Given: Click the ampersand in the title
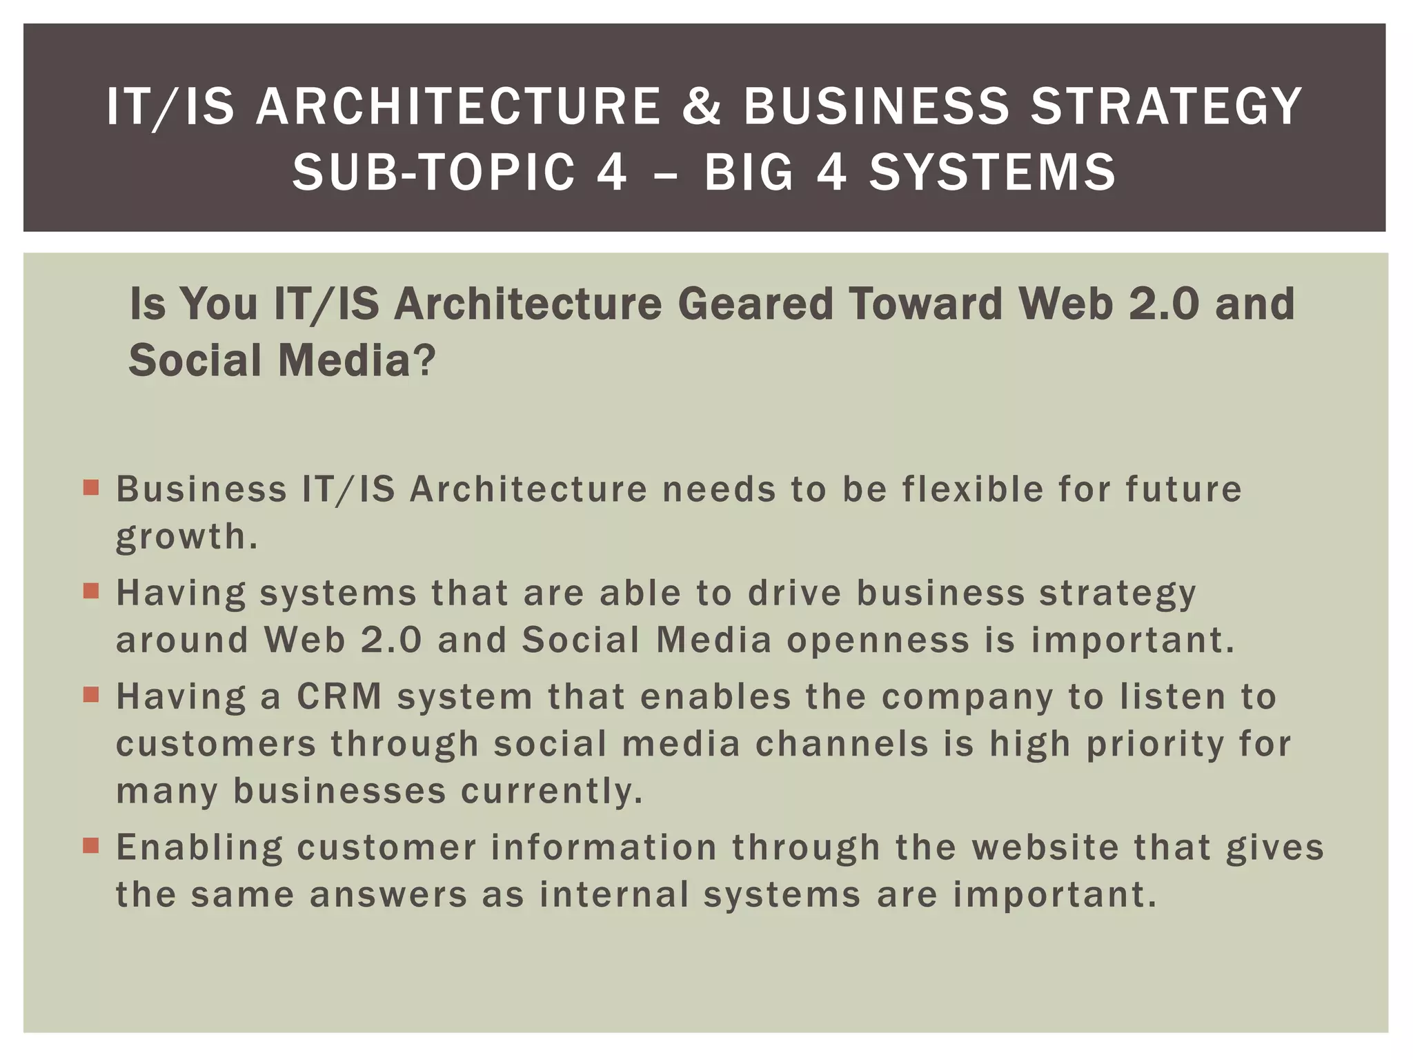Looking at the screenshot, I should pyautogui.click(x=702, y=107).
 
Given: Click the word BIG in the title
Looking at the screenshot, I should pyautogui.click(x=749, y=172).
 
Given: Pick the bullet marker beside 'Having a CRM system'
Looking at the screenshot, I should pyautogui.click(x=91, y=695).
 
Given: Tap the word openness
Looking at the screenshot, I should pyautogui.click(x=878, y=640).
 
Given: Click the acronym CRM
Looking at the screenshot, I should pyautogui.click(x=339, y=696).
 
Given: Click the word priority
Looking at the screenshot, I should pyautogui.click(x=1154, y=745).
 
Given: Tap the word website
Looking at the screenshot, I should pyautogui.click(x=1051, y=847).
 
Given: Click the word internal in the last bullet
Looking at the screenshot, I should pyautogui.click(x=614, y=894).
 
